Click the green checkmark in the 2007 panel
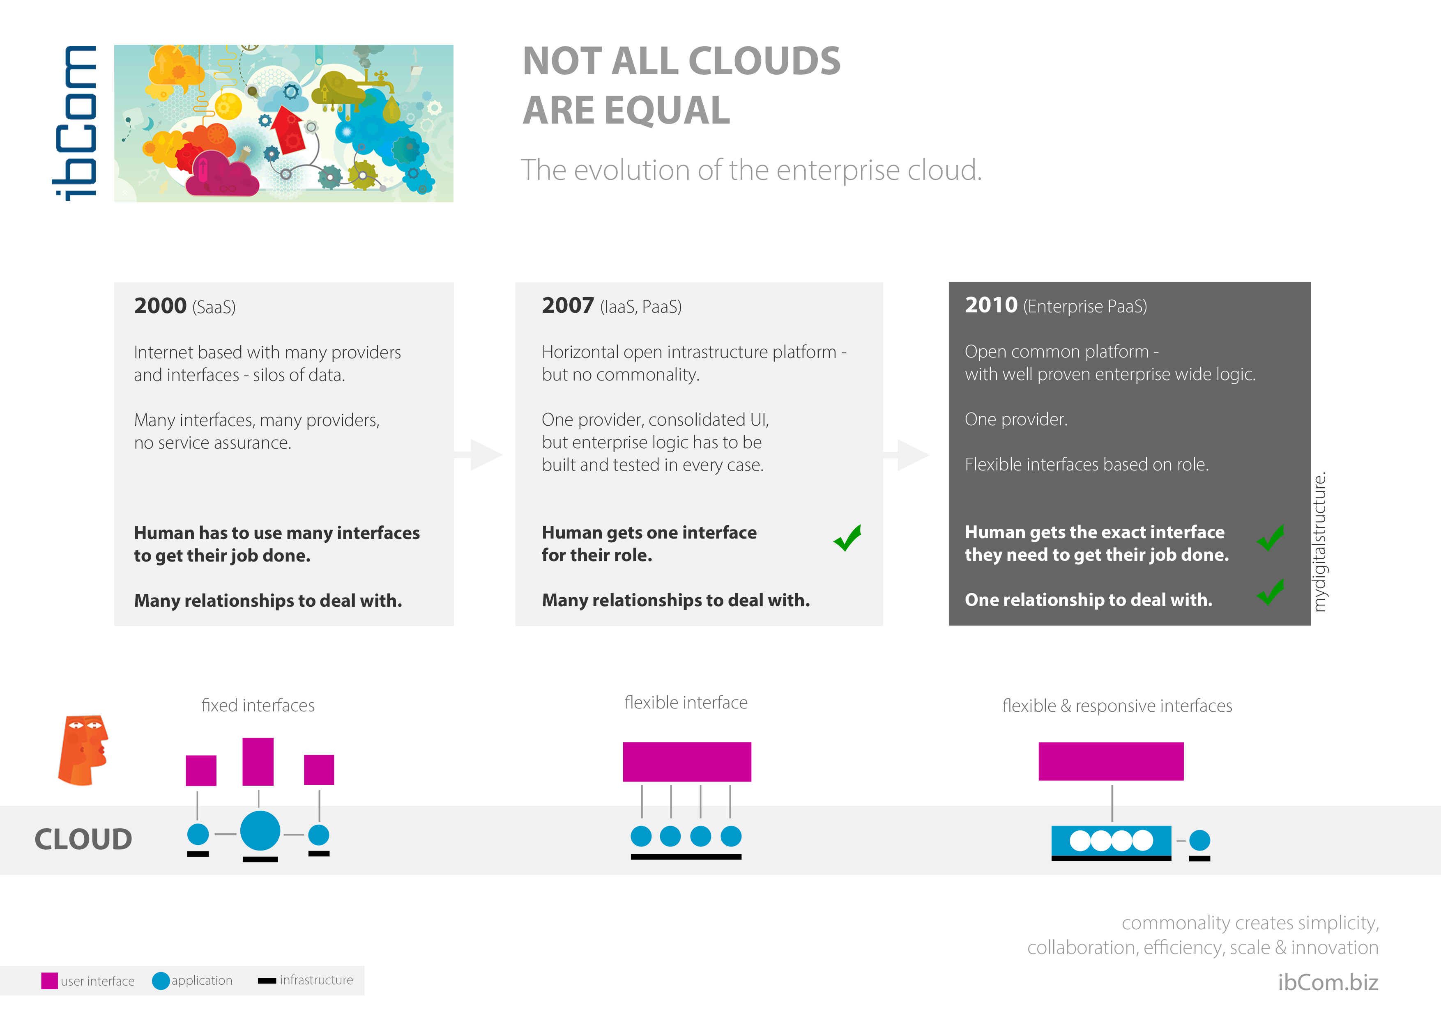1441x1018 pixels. [x=847, y=538]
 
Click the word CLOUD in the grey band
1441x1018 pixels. [x=83, y=839]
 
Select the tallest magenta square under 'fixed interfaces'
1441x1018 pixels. [x=258, y=761]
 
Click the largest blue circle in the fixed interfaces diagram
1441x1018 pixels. [x=260, y=830]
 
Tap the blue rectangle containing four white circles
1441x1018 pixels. [x=1111, y=841]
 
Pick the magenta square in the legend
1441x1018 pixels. [x=50, y=980]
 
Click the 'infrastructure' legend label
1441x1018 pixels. [x=316, y=980]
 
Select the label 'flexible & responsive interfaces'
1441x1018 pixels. [x=1117, y=706]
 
